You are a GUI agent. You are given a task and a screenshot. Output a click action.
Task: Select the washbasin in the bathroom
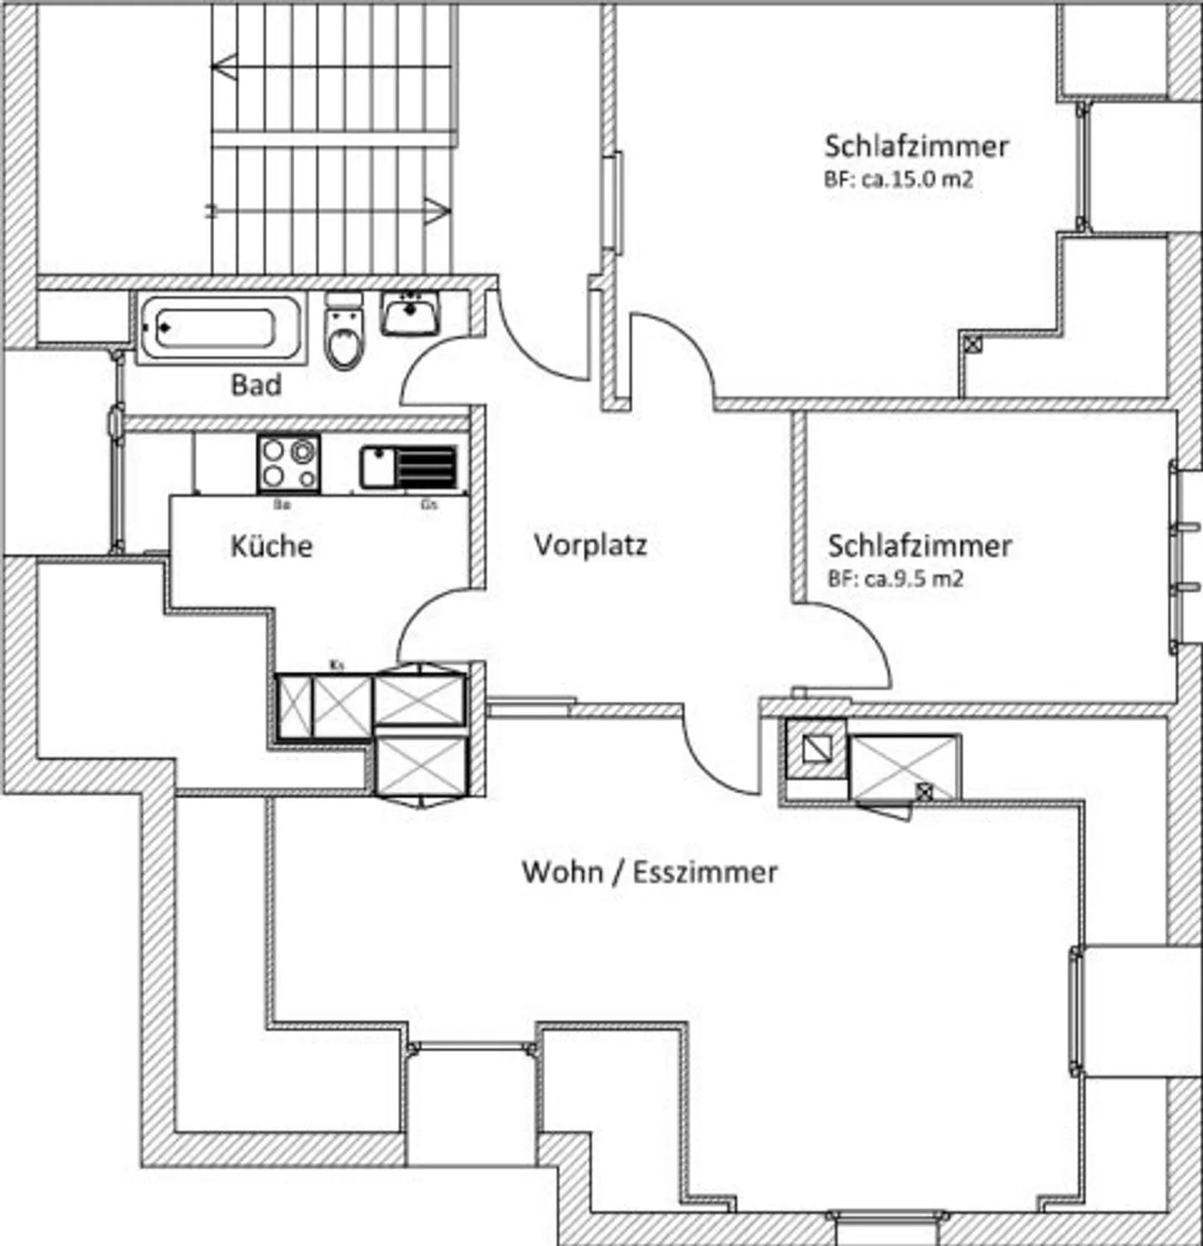point(409,314)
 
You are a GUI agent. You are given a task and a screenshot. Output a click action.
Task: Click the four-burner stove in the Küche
point(288,464)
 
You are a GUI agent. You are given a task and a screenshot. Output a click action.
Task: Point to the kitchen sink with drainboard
point(409,467)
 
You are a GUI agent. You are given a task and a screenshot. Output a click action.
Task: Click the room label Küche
point(272,547)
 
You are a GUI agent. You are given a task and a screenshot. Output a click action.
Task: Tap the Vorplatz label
point(591,545)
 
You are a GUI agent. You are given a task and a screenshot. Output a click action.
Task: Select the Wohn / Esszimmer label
point(649,872)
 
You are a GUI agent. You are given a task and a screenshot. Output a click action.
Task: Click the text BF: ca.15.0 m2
point(898,180)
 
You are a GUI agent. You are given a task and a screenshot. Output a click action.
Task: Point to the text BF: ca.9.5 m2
point(895,579)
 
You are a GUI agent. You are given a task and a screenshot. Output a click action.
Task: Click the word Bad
point(256,385)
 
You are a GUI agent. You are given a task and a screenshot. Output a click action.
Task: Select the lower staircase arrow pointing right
point(437,211)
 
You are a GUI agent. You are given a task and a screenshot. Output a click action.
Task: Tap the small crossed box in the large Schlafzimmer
point(972,343)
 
